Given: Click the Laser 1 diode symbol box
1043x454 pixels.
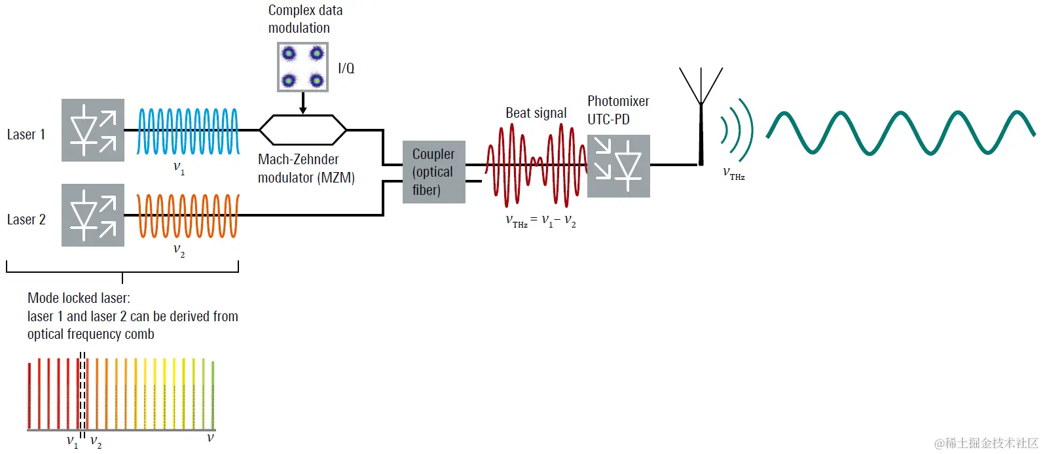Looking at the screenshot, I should (x=93, y=130).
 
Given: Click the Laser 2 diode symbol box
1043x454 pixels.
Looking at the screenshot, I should (x=93, y=215).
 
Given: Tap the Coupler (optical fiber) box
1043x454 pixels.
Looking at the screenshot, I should (x=433, y=172).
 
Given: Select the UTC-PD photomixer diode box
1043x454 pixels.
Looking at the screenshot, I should (x=619, y=166).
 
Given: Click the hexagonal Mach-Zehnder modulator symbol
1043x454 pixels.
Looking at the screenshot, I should (x=302, y=130).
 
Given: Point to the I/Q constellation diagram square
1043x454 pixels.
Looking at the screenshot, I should (x=302, y=67).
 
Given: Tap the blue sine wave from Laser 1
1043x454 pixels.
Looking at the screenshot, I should (x=188, y=131).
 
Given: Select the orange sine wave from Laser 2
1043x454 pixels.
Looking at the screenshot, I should (x=188, y=216).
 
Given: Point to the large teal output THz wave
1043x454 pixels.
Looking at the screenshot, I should (x=900, y=133).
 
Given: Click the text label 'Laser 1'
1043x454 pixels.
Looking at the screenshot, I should (x=26, y=135).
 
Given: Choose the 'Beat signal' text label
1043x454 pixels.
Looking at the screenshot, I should (x=536, y=113).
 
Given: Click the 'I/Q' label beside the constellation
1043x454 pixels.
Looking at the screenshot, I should (x=346, y=68).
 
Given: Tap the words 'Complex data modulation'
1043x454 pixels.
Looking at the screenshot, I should (x=305, y=19).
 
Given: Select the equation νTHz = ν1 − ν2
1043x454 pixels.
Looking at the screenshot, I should (x=541, y=221).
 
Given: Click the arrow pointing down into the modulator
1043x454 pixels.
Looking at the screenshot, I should (x=302, y=103).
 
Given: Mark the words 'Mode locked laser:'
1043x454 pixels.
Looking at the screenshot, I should (x=79, y=298).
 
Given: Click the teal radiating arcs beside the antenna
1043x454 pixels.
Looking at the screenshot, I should (x=737, y=130).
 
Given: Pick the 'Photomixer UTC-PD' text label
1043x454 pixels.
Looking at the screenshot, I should (x=617, y=110).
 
